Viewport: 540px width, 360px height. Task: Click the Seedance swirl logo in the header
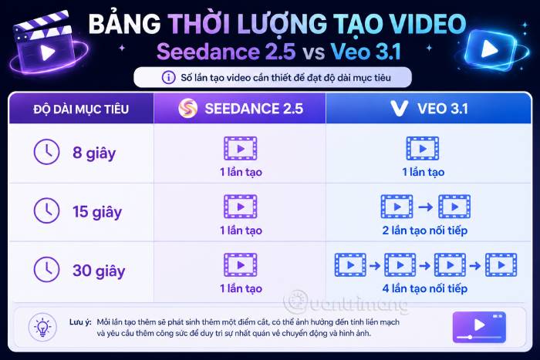[x=188, y=108]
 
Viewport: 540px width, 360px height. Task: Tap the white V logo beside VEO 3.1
[x=399, y=108]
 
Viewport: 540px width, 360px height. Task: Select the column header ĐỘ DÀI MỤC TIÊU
[x=81, y=109]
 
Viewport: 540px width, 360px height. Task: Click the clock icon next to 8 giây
[x=46, y=152]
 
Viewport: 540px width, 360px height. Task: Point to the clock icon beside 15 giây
[x=46, y=210]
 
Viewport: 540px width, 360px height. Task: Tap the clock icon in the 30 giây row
[x=46, y=269]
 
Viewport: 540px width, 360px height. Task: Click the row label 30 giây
[x=99, y=271]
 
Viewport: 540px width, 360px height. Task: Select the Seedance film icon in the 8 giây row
[x=241, y=149]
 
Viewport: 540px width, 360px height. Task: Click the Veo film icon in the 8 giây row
[x=423, y=149]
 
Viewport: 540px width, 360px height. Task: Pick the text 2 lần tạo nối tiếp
[x=424, y=230]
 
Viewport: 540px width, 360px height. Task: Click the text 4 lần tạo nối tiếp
[x=424, y=288]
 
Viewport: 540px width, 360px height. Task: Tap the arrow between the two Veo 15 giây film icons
[x=425, y=207]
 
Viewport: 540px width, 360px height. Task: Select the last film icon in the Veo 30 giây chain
[x=501, y=265]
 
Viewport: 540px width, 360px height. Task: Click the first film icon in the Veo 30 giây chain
[x=350, y=265]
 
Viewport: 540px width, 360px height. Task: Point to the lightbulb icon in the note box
[x=42, y=327]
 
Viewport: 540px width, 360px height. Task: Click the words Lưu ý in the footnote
[x=80, y=322]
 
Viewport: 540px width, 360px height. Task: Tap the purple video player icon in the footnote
[x=479, y=327]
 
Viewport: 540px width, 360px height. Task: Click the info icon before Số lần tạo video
[x=168, y=77]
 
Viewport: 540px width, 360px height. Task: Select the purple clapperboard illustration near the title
[x=46, y=43]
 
